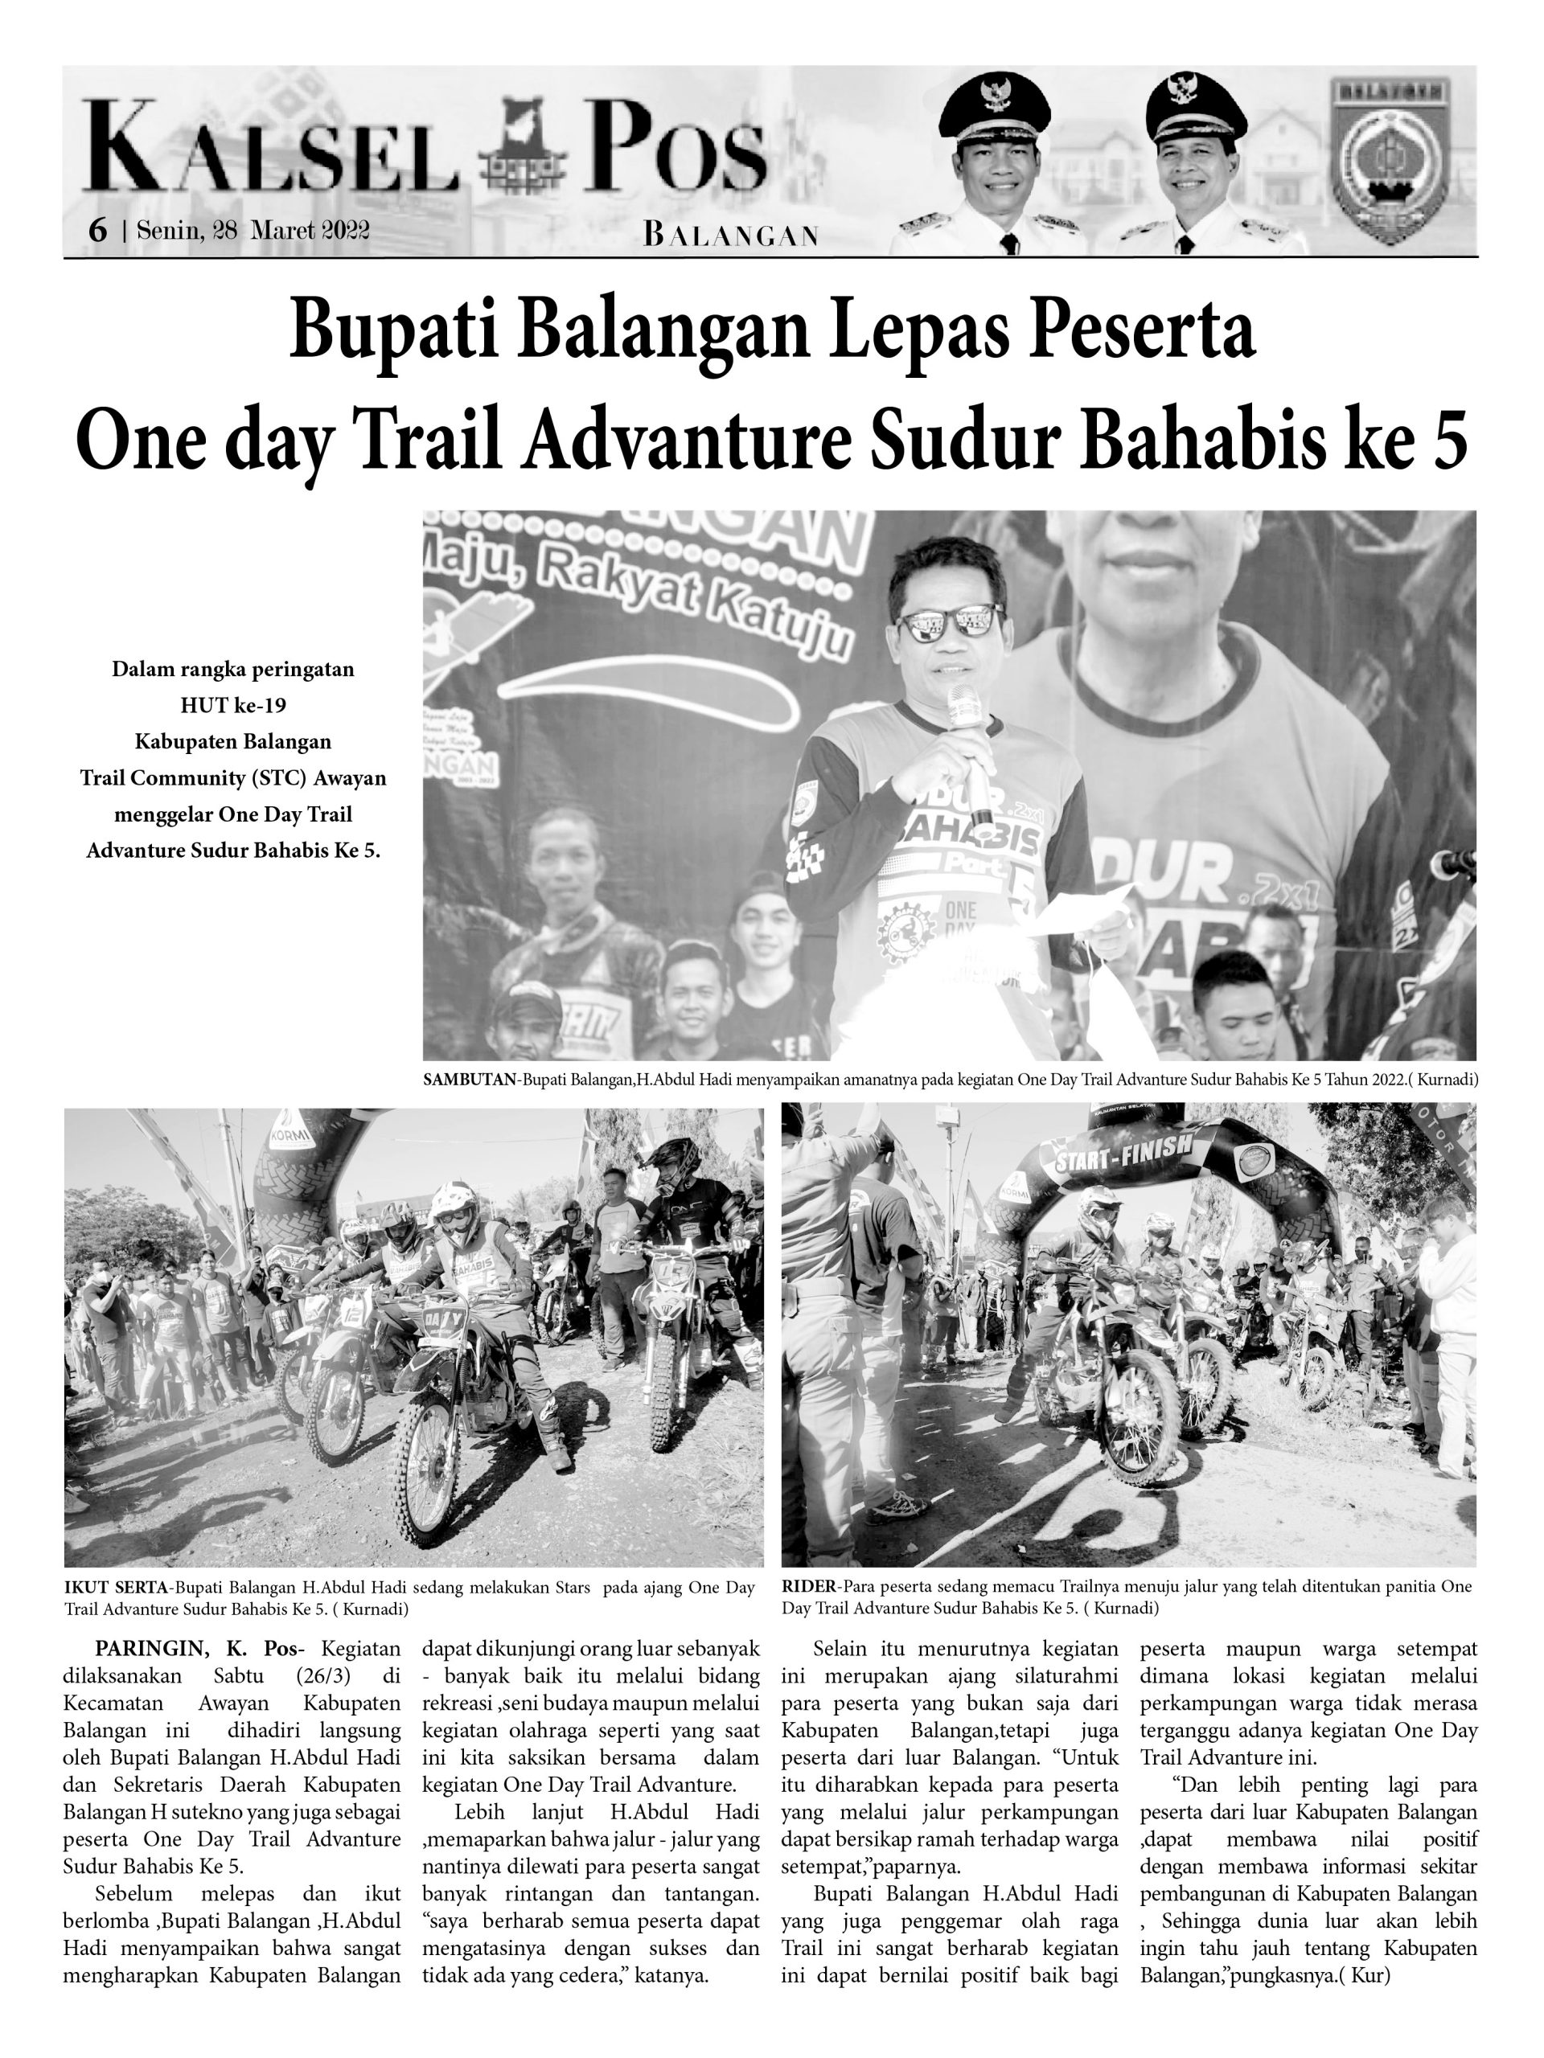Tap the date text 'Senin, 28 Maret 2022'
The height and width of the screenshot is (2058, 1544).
[253, 231]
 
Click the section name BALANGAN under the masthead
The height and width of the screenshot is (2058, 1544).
[730, 236]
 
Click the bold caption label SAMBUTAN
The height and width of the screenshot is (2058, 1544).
[470, 1080]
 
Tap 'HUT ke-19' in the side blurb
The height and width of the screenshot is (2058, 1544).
[232, 705]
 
